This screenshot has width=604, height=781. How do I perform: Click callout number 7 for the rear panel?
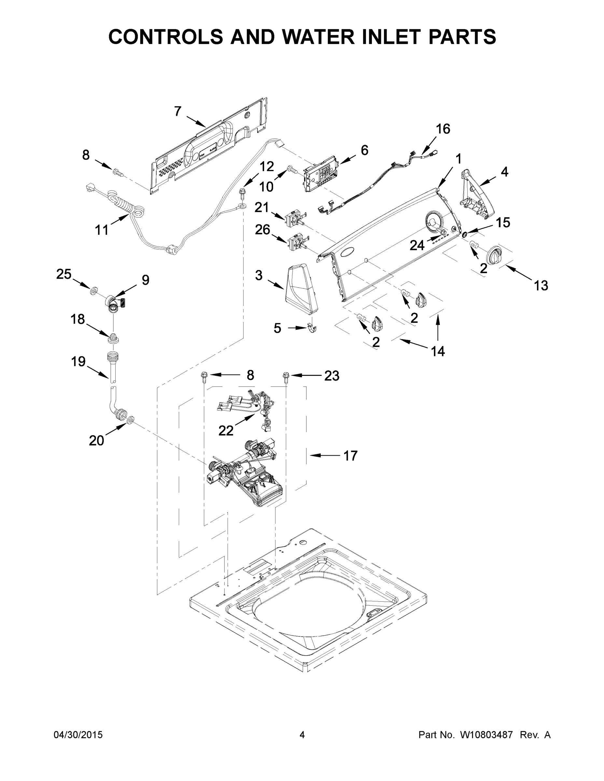(178, 112)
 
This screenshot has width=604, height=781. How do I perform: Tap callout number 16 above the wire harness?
(442, 129)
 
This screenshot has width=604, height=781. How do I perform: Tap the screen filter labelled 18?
(113, 337)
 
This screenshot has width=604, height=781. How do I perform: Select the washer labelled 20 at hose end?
(131, 418)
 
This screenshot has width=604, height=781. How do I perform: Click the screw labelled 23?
(286, 377)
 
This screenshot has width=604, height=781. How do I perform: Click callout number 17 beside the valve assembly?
(350, 456)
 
